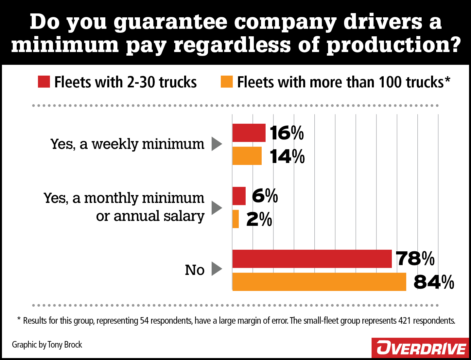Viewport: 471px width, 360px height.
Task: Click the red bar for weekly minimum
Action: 249,133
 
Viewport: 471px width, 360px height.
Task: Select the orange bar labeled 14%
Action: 247,156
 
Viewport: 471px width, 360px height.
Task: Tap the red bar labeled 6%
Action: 239,196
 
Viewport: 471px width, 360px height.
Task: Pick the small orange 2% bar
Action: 235,219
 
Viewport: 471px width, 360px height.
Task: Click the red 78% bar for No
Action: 312,259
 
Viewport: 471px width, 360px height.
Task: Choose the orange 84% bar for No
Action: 319,282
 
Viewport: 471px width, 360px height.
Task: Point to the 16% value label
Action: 287,133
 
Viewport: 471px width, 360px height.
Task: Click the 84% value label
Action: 434,282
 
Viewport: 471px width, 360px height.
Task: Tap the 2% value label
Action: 259,219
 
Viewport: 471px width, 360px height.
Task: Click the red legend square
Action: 44,82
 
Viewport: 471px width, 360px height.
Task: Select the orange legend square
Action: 227,82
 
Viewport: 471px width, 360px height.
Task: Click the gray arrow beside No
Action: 216,269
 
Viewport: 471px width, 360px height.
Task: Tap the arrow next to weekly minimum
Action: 216,144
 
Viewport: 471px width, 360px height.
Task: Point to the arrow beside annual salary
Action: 216,207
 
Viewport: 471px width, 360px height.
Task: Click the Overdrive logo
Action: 421,348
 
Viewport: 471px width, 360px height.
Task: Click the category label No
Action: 195,270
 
